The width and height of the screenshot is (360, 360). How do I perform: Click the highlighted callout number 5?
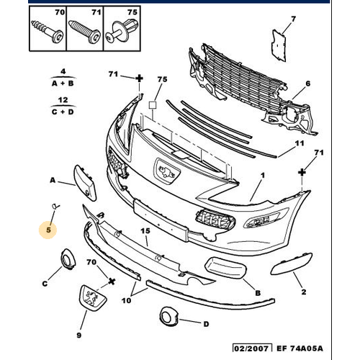(x=49, y=230)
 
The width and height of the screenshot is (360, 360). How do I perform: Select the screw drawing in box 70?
(x=48, y=32)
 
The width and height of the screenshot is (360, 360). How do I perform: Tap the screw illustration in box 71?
(x=84, y=32)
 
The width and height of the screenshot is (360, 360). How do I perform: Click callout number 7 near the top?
(x=293, y=19)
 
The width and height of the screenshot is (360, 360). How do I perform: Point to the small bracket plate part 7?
(x=279, y=45)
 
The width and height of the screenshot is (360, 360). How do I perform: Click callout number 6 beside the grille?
(x=307, y=84)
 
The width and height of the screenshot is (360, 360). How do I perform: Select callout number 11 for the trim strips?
(x=300, y=143)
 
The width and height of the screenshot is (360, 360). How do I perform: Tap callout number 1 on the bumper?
(x=263, y=175)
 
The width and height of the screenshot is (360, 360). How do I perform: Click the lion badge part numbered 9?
(x=91, y=298)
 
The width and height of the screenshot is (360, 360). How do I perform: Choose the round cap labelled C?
(x=68, y=259)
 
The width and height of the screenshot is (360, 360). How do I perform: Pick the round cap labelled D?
(x=168, y=317)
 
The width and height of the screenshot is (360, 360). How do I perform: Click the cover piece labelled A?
(x=85, y=182)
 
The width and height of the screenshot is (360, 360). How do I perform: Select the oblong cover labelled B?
(x=225, y=268)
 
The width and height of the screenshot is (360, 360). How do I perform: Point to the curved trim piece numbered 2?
(x=291, y=264)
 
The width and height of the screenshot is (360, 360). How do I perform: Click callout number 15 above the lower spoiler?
(x=145, y=231)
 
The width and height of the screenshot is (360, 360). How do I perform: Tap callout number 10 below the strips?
(x=126, y=300)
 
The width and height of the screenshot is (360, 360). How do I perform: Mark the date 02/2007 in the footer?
(x=252, y=348)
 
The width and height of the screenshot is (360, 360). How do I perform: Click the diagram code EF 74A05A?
(x=300, y=348)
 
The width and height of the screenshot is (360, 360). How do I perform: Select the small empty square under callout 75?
(x=153, y=105)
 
